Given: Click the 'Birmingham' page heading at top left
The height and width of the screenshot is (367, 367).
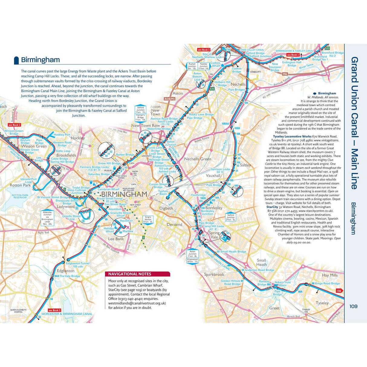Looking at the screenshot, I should point(40,60).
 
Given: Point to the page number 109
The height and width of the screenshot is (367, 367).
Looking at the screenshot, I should point(353,306).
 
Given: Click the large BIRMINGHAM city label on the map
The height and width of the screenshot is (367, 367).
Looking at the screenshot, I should point(124,194).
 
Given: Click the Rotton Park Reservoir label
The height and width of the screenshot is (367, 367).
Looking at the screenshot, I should point(20,196).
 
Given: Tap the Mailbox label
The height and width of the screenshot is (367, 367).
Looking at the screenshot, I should point(128,231).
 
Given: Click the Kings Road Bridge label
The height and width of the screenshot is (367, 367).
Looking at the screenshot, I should point(327,284).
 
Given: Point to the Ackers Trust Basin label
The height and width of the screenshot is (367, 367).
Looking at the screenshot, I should point(282,284).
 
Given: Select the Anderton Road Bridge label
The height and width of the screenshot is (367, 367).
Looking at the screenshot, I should point(259,270).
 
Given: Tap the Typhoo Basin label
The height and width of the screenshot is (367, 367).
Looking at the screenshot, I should point(163,192).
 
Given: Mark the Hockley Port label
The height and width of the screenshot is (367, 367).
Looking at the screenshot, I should point(62,135).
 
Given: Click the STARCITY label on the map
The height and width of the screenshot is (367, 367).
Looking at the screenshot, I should point(255,72).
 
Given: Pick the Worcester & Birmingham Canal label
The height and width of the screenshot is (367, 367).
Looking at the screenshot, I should point(67,314).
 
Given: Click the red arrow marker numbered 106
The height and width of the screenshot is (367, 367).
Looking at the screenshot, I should point(339,291).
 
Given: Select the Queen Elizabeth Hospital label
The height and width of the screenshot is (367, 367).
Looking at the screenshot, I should point(18,311).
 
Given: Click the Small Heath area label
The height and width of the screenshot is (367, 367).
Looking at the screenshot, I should point(261,262).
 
